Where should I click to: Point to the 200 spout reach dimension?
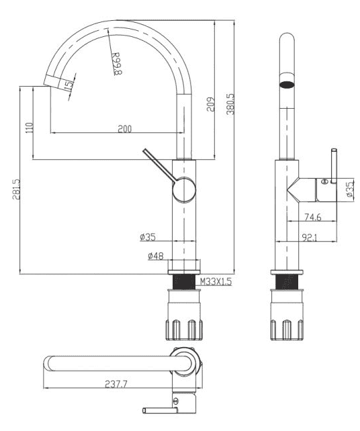[124, 129]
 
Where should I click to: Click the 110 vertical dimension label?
[29, 128]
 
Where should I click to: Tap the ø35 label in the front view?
[148, 237]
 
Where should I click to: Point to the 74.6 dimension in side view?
[311, 217]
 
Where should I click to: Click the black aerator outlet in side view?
[287, 85]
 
